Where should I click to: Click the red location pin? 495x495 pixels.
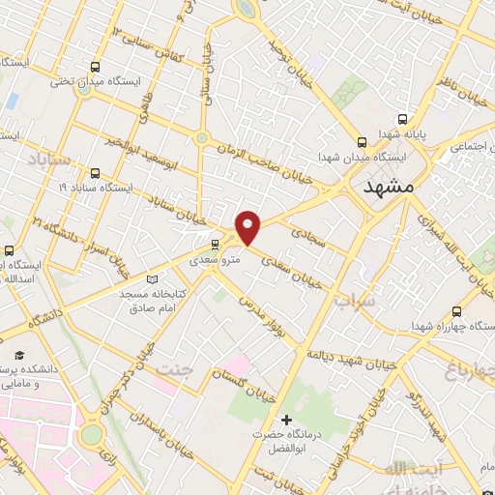pyautogui.click(x=249, y=228)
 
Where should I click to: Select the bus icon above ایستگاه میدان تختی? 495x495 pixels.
pyautogui.click(x=95, y=67)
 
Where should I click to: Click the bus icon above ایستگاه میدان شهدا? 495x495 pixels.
pyautogui.click(x=362, y=140)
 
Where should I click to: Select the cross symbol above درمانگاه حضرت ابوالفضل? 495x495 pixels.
pyautogui.click(x=285, y=421)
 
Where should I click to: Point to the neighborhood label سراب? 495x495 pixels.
pyautogui.click(x=355, y=301)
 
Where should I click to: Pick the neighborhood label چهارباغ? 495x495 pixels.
pyautogui.click(x=468, y=368)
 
